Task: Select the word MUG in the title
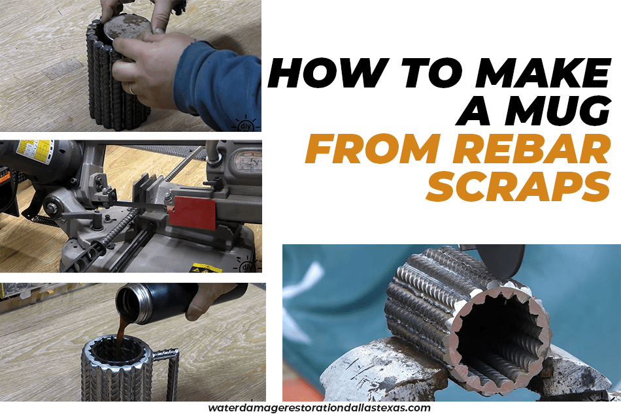point(558,110)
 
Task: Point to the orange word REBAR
point(531,150)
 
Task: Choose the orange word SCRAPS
point(518,186)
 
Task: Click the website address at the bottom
point(319,407)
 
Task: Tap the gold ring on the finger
point(131,89)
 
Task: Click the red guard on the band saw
point(192,213)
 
